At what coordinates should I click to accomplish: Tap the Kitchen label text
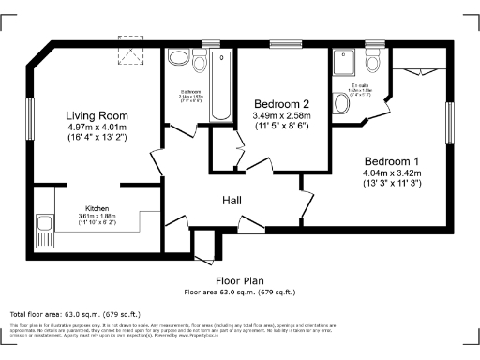[98, 208]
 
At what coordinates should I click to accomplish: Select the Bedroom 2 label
[279, 104]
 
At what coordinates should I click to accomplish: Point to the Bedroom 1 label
[393, 160]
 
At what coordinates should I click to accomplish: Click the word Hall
[233, 201]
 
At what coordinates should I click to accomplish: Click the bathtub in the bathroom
[220, 86]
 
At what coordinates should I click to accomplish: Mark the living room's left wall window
[32, 115]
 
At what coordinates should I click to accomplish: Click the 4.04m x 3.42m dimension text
[393, 172]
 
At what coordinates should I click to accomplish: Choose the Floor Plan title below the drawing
[240, 279]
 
